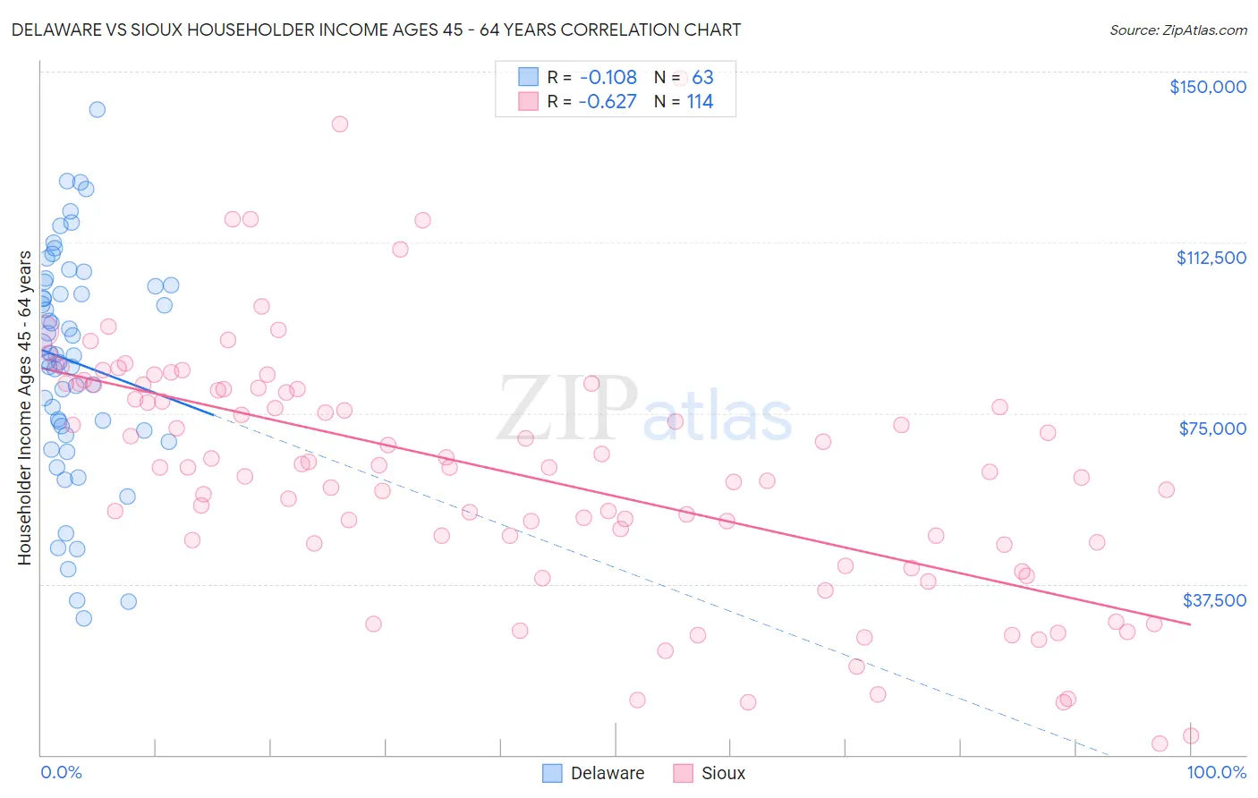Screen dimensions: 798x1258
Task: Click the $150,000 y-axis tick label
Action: coord(1207,87)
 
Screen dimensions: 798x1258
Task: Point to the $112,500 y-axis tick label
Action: coord(1211,258)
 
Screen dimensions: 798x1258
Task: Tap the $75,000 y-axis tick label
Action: coord(1212,429)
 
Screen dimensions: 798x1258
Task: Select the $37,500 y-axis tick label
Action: coord(1214,600)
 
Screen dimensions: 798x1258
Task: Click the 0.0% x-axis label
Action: coord(61,772)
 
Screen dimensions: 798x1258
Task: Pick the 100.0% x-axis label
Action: coord(1216,772)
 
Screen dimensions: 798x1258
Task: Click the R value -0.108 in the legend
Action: coord(608,78)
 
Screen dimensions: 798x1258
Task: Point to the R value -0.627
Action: coord(608,102)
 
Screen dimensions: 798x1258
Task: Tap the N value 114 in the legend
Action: coord(700,102)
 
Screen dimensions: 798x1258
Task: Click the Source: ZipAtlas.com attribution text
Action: coord(1177,30)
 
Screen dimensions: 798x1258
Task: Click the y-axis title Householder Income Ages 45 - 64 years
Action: coord(24,408)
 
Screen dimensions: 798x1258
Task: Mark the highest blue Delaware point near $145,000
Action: coord(97,109)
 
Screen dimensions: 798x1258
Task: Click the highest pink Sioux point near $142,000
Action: coord(339,123)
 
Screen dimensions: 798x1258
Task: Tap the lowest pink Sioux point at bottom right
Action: coord(1160,743)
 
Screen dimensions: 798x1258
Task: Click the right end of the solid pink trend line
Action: coord(1190,624)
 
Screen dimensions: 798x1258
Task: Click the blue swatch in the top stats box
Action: coord(529,77)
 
